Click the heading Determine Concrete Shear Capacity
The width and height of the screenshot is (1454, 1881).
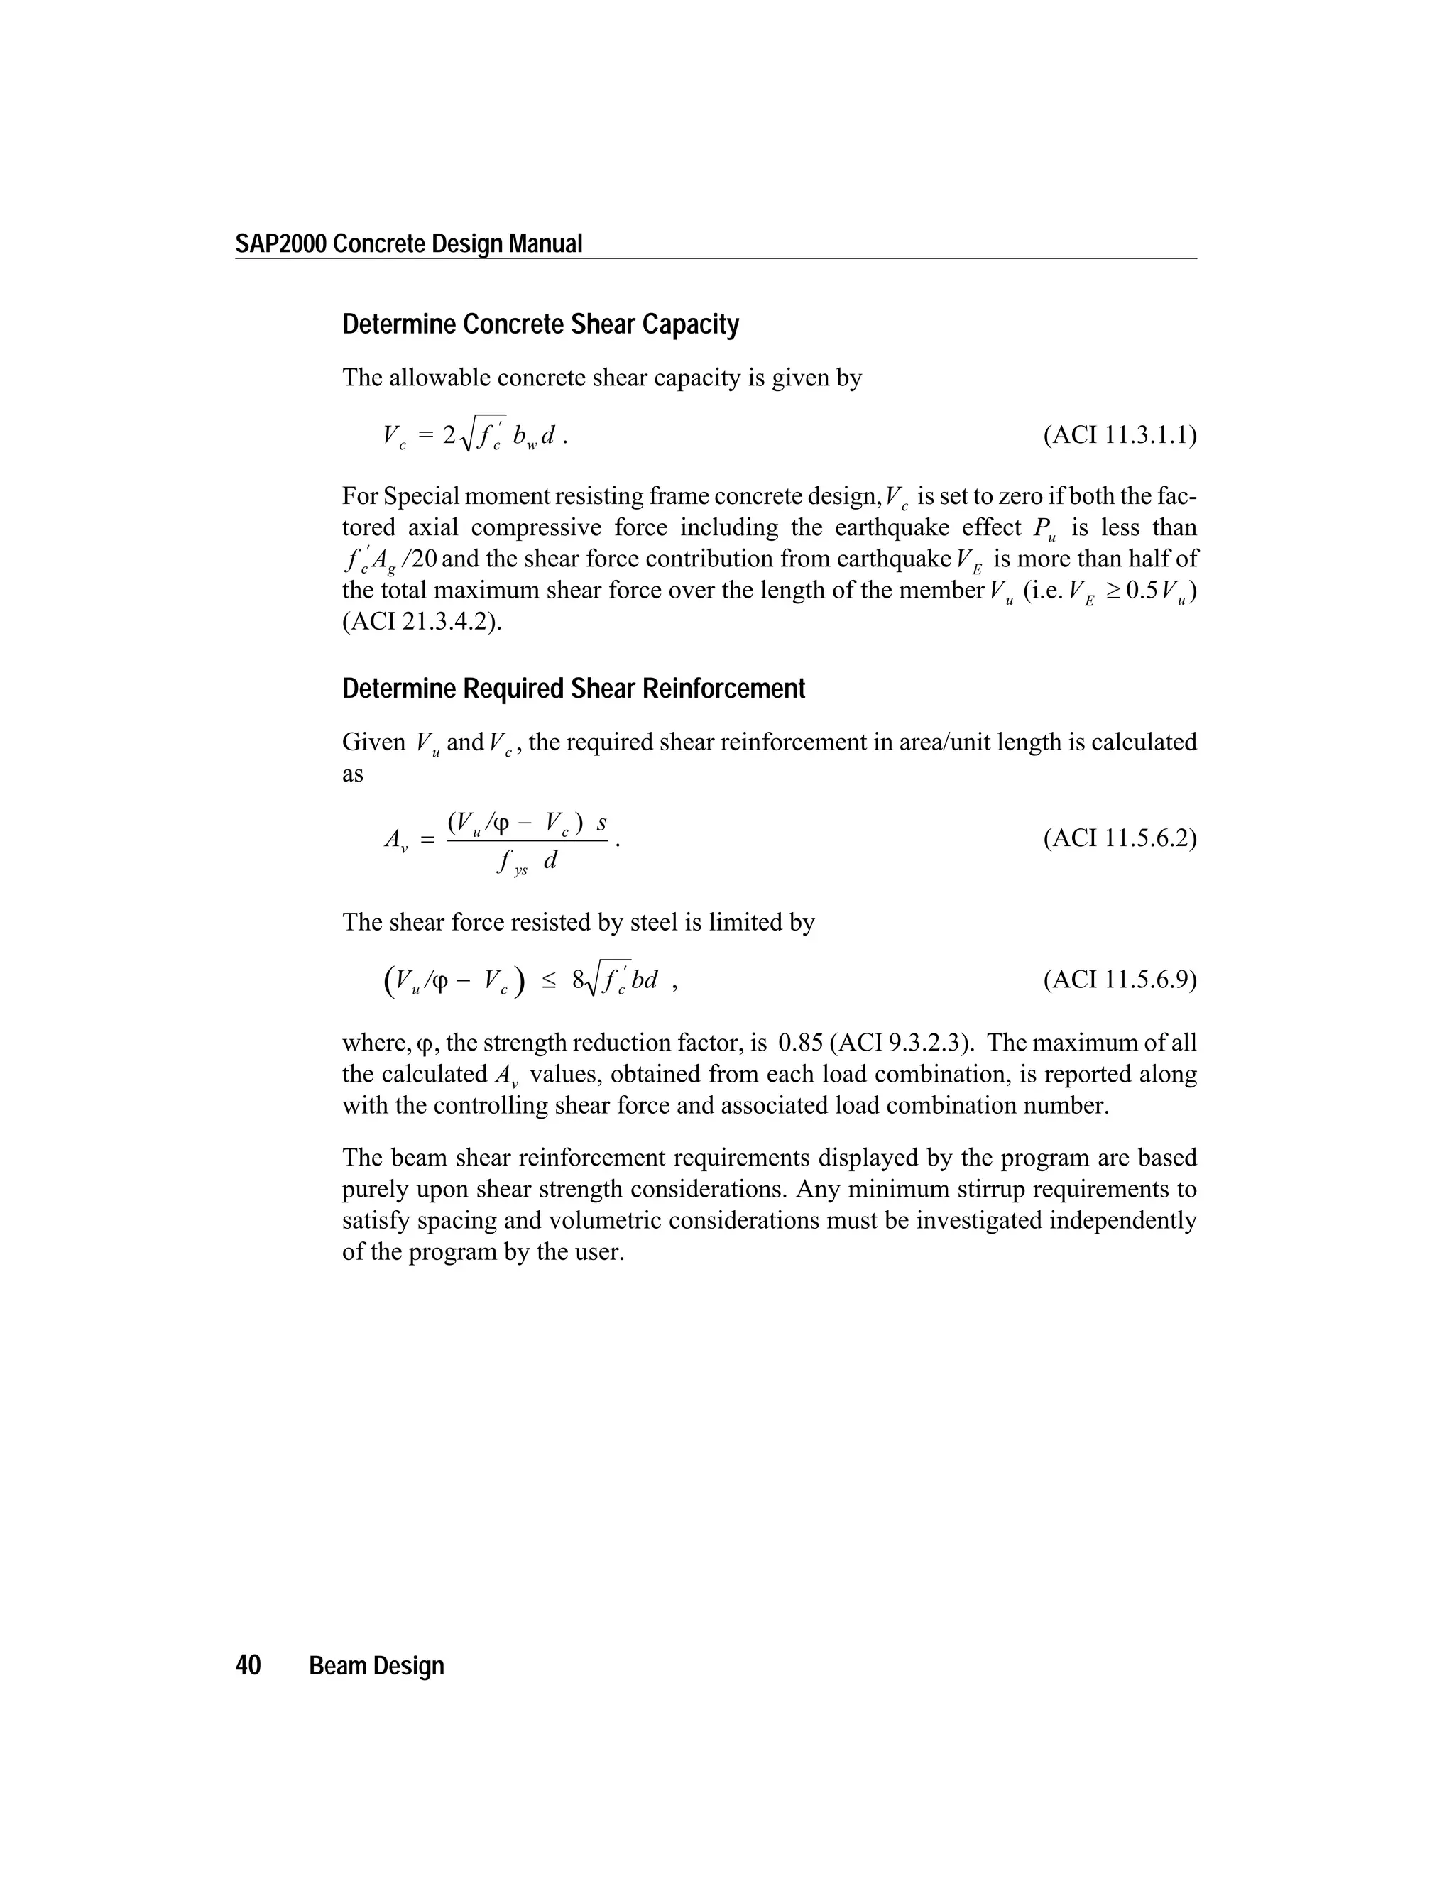[x=540, y=324]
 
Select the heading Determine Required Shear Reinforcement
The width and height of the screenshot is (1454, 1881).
[x=573, y=689]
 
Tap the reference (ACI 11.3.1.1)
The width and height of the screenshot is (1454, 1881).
[x=1119, y=435]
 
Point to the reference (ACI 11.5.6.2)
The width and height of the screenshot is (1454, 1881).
[x=1119, y=838]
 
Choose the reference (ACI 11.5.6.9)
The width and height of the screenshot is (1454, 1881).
[x=1119, y=980]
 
